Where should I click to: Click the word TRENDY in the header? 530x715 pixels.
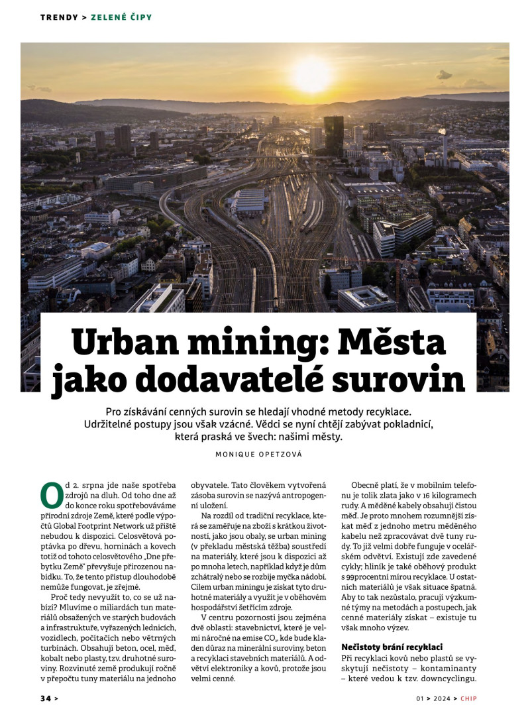pos(59,17)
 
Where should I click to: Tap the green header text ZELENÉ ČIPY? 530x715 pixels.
pos(121,17)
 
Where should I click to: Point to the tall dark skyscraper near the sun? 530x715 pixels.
pos(333,135)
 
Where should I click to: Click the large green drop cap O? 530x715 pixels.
pos(51,495)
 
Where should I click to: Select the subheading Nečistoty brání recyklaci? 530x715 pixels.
pos(392,646)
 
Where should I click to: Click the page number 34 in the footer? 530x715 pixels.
pos(45,698)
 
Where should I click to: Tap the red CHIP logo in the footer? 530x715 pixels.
pos(469,698)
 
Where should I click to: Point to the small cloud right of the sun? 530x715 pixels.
pos(444,75)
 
